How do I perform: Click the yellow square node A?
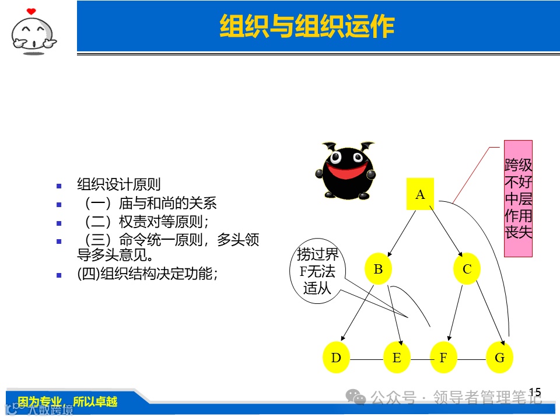click(420, 194)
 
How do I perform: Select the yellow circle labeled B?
click(378, 269)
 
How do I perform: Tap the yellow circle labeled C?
click(467, 269)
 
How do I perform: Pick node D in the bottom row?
click(336, 358)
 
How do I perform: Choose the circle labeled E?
click(397, 358)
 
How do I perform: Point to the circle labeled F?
click(443, 358)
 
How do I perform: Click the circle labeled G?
click(499, 358)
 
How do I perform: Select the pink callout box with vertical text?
click(518, 198)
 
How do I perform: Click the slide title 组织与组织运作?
click(307, 27)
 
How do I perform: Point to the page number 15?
click(535, 391)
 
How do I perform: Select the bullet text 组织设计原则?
click(119, 185)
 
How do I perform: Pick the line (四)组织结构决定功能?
click(147, 273)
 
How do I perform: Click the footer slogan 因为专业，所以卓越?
click(68, 401)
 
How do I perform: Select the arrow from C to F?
click(458, 313)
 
